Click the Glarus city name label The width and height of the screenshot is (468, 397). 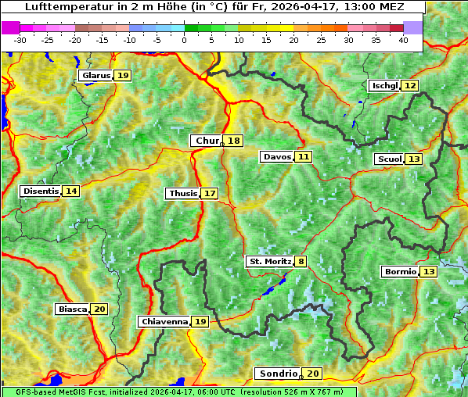point(95,76)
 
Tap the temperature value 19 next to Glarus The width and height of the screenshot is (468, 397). point(123,76)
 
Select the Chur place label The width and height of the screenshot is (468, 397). point(207,141)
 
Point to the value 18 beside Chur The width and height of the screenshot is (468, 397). point(234,141)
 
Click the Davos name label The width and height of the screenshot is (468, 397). point(276,157)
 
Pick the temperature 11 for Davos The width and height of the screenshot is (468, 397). point(303,157)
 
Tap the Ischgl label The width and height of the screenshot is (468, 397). point(384,85)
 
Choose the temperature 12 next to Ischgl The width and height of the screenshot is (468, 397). point(410,85)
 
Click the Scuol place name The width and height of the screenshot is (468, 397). point(389,159)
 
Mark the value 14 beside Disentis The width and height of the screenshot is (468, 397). point(71,191)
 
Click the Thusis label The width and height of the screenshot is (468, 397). point(182,193)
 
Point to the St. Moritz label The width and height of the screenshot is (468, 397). point(270,261)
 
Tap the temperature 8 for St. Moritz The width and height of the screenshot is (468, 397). point(301,261)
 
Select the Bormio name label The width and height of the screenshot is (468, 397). point(399,272)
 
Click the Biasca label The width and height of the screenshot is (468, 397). point(73,309)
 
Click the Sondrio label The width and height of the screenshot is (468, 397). point(279,374)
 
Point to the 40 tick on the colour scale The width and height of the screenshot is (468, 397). point(403,40)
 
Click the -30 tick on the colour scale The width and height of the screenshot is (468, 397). point(20,40)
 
